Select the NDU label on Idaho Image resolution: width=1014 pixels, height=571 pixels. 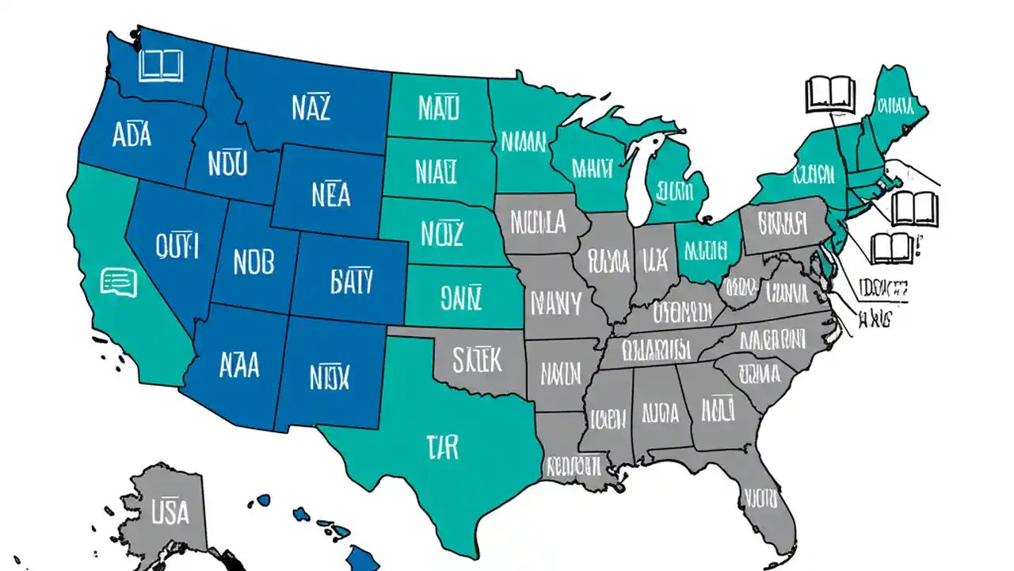coord(227,163)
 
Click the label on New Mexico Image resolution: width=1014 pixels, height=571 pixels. coord(328,377)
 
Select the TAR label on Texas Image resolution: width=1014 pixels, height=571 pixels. coord(441,447)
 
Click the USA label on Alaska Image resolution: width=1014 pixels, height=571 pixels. coord(170,512)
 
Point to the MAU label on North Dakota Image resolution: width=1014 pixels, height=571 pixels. coord(438,106)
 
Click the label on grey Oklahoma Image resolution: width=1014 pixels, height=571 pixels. coord(477,359)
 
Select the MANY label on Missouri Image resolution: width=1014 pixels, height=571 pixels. coord(555,302)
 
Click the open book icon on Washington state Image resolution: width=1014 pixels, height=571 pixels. coord(161,65)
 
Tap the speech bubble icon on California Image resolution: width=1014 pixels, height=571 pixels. coord(119,282)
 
